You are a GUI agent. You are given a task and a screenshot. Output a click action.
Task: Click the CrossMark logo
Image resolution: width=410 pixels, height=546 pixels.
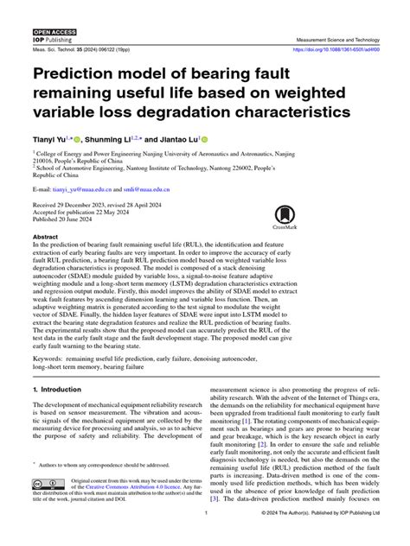tap(285, 219)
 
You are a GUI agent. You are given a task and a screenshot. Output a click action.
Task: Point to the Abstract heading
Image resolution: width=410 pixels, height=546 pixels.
tap(45, 236)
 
